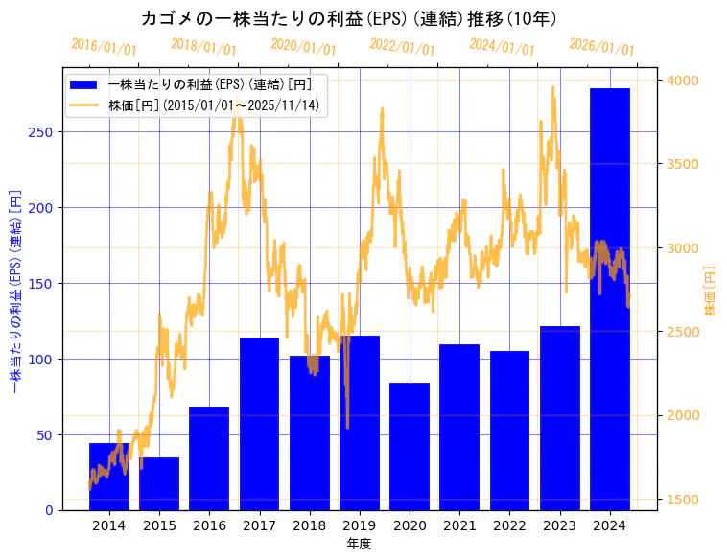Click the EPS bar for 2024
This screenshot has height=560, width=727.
pyautogui.click(x=609, y=298)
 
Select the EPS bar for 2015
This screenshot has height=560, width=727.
pyautogui.click(x=159, y=483)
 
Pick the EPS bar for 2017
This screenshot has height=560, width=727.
pyautogui.click(x=259, y=423)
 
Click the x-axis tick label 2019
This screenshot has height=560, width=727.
pyautogui.click(x=360, y=525)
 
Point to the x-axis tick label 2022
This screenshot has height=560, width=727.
pyautogui.click(x=509, y=525)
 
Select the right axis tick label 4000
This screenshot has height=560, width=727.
pyautogui.click(x=681, y=81)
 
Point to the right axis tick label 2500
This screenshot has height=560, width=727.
pyautogui.click(x=681, y=332)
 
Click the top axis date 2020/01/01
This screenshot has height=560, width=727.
pyautogui.click(x=303, y=47)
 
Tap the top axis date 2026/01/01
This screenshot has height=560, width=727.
pyautogui.click(x=601, y=47)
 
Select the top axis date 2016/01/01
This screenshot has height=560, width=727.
pyautogui.click(x=104, y=47)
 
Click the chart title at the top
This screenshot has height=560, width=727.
pyautogui.click(x=349, y=18)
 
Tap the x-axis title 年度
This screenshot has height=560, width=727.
pyautogui.click(x=360, y=544)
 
